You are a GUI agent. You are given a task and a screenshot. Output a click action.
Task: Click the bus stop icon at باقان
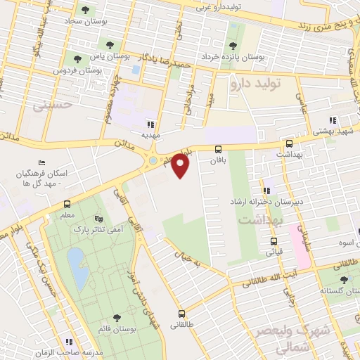(218, 149)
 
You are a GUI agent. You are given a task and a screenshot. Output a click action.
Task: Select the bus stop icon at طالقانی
(182, 314)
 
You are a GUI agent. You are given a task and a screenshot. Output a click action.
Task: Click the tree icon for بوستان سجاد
(86, 10)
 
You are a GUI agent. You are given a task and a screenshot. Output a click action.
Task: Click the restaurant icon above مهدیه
(150, 124)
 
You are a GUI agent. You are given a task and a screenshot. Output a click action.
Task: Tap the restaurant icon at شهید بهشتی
(333, 120)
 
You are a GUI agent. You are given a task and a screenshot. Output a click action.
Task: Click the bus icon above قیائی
(274, 240)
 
